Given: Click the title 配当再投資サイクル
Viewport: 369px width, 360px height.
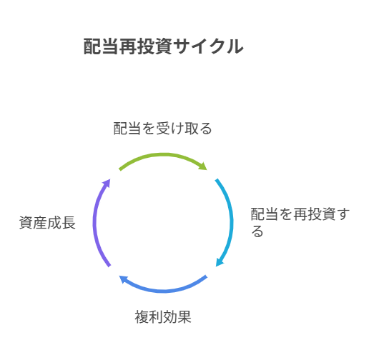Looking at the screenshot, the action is point(164,46).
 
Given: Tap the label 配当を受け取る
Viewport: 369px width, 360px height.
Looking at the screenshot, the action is point(162,129).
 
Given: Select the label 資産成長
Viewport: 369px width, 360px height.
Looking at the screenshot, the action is point(47,223).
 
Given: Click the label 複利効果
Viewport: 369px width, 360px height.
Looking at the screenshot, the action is point(163,317).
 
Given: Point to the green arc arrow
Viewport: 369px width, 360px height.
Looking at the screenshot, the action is point(163,155).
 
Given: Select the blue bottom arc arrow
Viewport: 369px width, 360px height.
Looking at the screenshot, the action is point(164,291).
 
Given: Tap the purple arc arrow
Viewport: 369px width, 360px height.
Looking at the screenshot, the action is point(95,223).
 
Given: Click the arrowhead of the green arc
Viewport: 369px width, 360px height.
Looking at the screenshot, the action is point(203,166).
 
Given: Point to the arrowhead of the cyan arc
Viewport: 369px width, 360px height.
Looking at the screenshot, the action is point(220,262).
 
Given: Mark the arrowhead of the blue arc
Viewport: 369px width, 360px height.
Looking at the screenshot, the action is point(124,279).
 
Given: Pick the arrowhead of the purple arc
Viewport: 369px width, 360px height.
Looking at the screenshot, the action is point(107,183).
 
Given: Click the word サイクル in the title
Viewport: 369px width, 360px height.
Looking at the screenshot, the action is point(208,46).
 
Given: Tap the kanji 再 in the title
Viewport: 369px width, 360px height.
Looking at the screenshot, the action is point(128,46).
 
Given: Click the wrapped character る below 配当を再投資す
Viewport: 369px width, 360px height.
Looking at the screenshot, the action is point(257,231).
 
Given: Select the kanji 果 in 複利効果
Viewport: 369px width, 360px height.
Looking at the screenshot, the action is point(184,317).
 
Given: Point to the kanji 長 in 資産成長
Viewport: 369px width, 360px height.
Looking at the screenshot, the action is point(69,223).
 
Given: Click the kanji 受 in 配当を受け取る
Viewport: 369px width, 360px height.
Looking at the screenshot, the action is point(163,129).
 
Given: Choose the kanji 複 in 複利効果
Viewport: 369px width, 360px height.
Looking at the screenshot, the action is point(142,317).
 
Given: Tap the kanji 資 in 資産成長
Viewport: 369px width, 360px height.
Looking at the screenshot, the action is point(26,223).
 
